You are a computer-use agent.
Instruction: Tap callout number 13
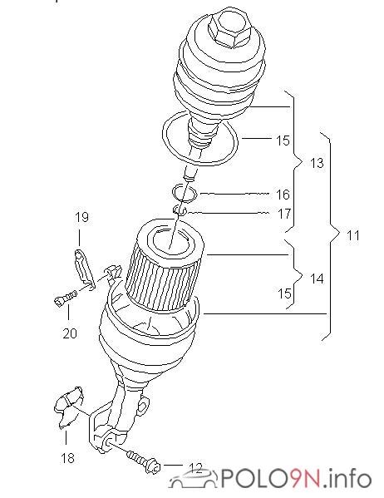(316, 163)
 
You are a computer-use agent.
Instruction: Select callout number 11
(352, 235)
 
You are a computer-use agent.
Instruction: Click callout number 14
(317, 279)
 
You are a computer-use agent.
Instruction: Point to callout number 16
(283, 195)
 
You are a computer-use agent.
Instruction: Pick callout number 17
(284, 214)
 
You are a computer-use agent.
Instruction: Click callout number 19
(81, 217)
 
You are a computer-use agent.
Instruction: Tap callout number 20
(70, 333)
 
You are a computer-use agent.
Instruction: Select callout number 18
(67, 458)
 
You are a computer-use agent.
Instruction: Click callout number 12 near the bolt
(195, 468)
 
